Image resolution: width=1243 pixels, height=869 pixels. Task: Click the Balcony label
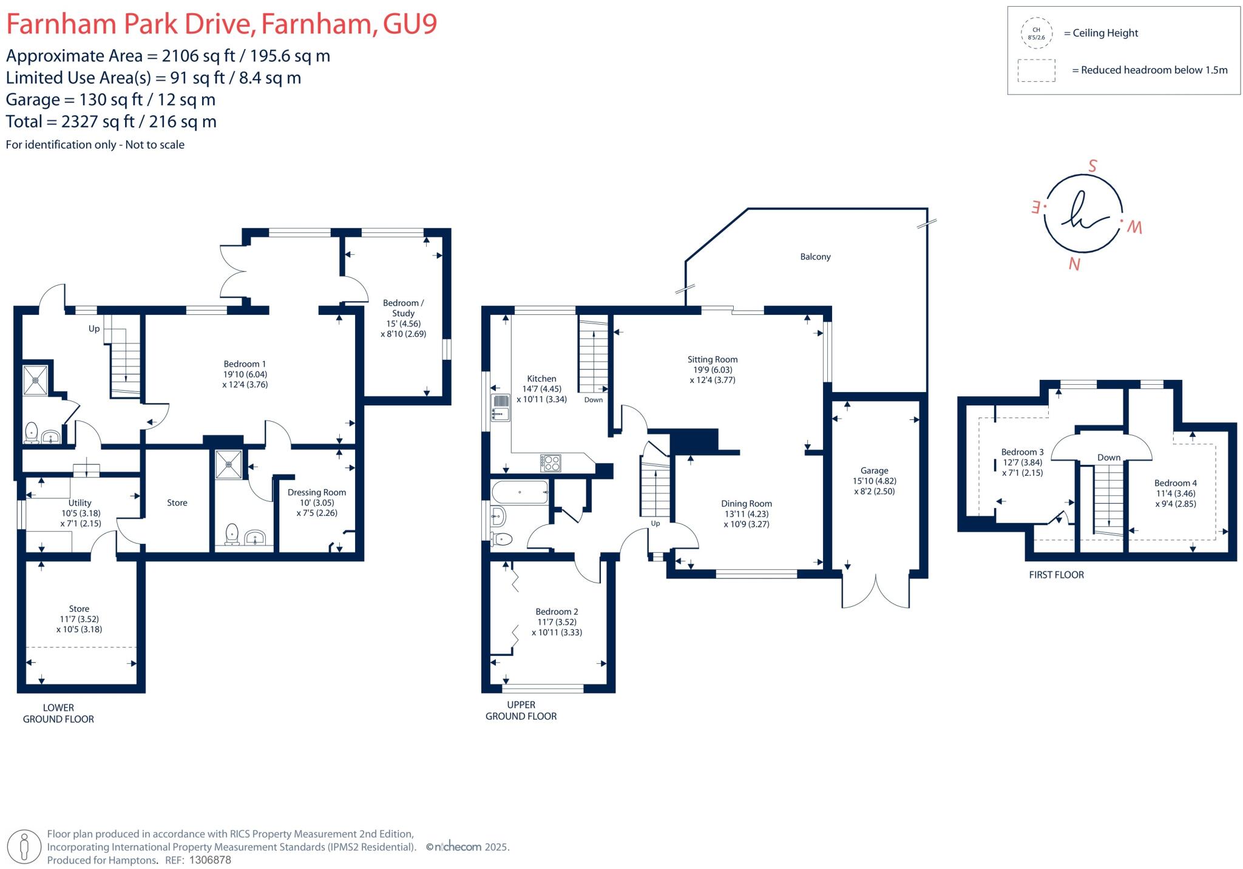click(x=815, y=257)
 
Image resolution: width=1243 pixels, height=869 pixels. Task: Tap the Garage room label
click(x=874, y=471)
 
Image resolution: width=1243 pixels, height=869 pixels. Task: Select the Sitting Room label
click(x=712, y=360)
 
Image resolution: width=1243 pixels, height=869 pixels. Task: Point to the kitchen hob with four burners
click(x=550, y=463)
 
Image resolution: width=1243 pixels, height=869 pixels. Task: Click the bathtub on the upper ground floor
click(x=520, y=492)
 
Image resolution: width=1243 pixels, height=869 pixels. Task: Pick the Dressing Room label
click(x=316, y=493)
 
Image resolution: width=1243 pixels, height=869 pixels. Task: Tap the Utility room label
click(x=80, y=503)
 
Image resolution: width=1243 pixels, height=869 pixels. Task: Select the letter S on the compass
click(x=1092, y=166)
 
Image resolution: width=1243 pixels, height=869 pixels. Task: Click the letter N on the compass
click(x=1074, y=264)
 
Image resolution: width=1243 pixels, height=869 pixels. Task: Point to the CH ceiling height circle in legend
click(x=1036, y=33)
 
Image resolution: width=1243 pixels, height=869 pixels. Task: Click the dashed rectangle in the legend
click(x=1036, y=70)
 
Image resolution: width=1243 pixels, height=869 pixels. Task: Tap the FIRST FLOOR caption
click(x=1056, y=575)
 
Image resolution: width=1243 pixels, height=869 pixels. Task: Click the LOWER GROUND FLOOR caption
click(x=58, y=713)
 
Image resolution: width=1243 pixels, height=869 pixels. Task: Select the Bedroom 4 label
click(x=1175, y=484)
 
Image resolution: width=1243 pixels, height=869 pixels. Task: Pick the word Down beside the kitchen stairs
click(x=593, y=400)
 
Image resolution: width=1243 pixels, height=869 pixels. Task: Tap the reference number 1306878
click(x=210, y=860)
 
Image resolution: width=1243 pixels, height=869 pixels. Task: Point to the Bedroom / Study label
click(x=403, y=308)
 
